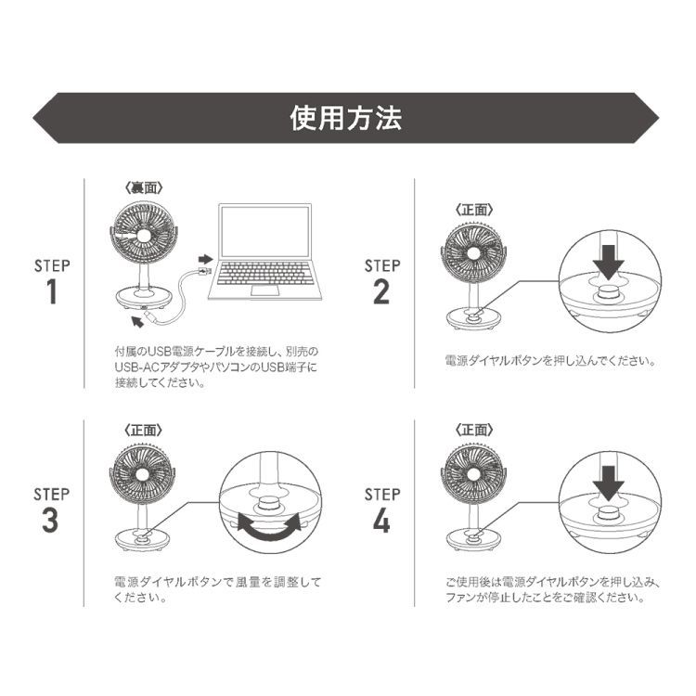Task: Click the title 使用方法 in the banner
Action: tap(347, 118)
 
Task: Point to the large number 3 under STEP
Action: tap(51, 521)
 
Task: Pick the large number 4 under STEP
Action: tap(381, 521)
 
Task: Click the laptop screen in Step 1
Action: tap(264, 231)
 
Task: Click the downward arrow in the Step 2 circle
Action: tap(608, 261)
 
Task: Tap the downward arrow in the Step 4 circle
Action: tap(608, 483)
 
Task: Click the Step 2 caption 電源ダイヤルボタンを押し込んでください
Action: tap(550, 360)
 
